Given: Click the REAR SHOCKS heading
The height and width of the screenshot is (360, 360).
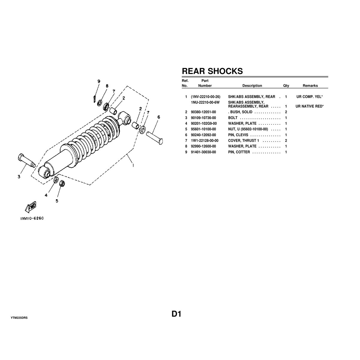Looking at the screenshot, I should pos(212,71).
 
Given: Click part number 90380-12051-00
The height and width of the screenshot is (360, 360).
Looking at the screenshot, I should pos(203,112).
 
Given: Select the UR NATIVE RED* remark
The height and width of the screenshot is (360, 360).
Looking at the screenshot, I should pos(309,106).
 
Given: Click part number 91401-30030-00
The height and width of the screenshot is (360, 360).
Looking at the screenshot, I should pos(203,152).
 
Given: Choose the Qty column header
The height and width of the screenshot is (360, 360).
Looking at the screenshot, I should pos(286,86).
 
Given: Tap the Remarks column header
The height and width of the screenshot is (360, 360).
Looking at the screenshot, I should pos(310,86).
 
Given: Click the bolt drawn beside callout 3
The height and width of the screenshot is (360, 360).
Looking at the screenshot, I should pos(26,160).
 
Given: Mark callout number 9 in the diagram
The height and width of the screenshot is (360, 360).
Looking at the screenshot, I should pos(98,81).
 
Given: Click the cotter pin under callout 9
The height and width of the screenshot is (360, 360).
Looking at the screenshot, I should pos(95,98).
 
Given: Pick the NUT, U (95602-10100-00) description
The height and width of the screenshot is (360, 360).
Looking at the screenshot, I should pos(248,129).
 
